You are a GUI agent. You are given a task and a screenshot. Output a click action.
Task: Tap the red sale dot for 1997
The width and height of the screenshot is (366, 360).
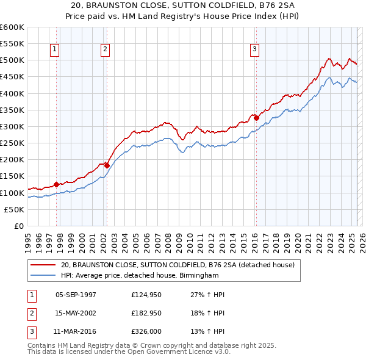pos(56,184)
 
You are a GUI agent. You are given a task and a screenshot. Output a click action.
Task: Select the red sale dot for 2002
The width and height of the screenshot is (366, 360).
pos(107,165)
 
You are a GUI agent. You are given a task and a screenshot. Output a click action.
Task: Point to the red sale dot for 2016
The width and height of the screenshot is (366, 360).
pos(256,118)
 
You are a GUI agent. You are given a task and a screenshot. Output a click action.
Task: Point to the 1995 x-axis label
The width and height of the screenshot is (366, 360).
pos(27,238)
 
